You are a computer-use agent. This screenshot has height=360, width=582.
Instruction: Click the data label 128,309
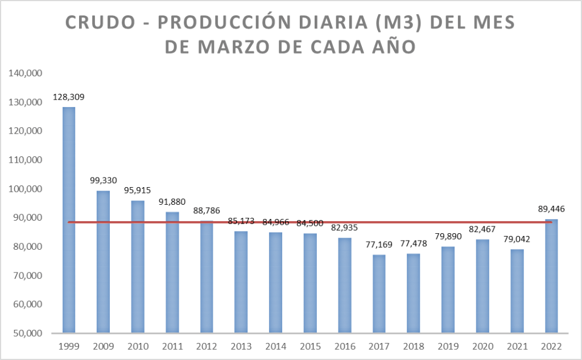pos(68,97)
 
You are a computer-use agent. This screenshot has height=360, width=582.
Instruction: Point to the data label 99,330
pos(103,180)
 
